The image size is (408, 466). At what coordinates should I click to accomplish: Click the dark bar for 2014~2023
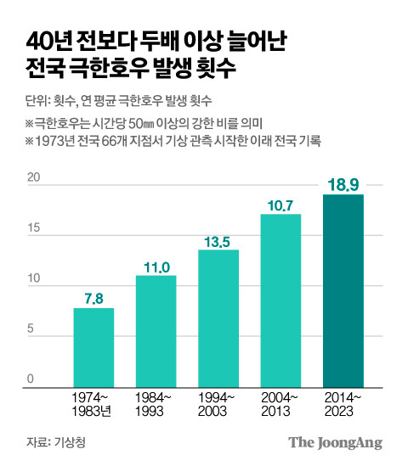tap(343, 289)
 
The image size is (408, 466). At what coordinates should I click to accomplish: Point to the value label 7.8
tap(93, 297)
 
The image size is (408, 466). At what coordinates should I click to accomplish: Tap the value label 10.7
tap(280, 204)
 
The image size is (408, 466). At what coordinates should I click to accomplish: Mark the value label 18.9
tap(343, 184)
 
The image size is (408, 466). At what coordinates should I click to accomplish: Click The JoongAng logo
tap(335, 442)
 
